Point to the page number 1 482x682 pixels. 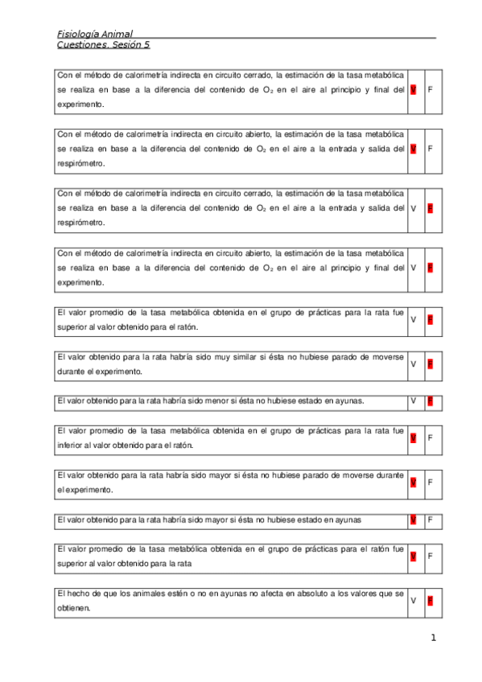[x=433, y=639]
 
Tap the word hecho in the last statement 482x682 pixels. [x=77, y=594]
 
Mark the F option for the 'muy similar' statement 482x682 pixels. [x=431, y=364]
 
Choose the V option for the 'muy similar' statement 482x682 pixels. [x=413, y=364]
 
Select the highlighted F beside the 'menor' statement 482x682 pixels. [x=431, y=401]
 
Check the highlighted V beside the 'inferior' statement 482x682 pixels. [x=413, y=438]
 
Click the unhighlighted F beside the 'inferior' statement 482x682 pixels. [x=431, y=438]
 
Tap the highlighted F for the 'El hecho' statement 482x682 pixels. [x=431, y=601]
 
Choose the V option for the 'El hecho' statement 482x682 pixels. [x=413, y=601]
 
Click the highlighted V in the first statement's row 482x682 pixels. [x=413, y=89]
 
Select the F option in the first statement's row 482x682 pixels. [x=431, y=89]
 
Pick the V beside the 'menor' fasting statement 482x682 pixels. [x=413, y=401]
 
